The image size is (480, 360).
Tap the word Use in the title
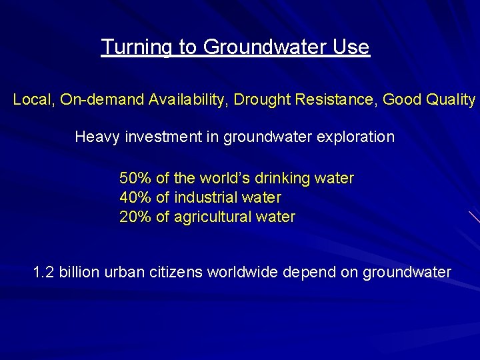(353, 47)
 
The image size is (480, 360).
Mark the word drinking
(280, 179)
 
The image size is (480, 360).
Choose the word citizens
(179, 273)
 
